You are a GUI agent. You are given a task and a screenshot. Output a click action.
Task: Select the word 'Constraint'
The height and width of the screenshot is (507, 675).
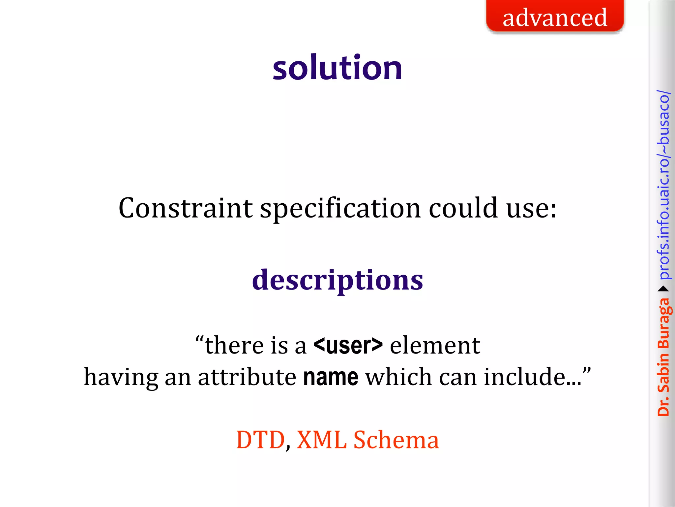(185, 208)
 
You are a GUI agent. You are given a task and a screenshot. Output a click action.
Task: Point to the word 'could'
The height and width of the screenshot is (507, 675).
(463, 208)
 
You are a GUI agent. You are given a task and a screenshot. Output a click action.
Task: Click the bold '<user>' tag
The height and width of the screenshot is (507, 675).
(348, 345)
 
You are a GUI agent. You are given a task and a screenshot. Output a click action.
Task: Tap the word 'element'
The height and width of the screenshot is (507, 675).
(435, 346)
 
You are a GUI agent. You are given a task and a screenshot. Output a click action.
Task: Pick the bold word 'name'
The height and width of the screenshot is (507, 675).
(331, 377)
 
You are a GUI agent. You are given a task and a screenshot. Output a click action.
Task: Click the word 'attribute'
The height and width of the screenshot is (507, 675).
(247, 377)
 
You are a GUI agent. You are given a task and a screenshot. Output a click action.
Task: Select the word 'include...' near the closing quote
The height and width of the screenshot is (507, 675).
(532, 377)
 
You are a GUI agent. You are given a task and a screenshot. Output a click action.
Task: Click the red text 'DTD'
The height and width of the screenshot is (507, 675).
(260, 440)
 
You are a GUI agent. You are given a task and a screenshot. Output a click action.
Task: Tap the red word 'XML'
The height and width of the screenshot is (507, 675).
(321, 440)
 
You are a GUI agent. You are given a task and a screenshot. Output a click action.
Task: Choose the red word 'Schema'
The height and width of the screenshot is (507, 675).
(396, 440)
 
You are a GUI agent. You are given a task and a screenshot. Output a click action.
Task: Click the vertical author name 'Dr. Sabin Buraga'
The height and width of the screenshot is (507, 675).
(663, 356)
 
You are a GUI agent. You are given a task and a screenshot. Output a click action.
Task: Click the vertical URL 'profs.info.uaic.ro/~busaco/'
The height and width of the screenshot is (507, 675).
(663, 185)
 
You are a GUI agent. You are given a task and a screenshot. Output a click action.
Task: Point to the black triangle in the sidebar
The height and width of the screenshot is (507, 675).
(663, 289)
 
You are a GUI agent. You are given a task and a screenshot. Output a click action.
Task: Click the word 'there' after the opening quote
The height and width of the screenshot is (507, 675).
(234, 346)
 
